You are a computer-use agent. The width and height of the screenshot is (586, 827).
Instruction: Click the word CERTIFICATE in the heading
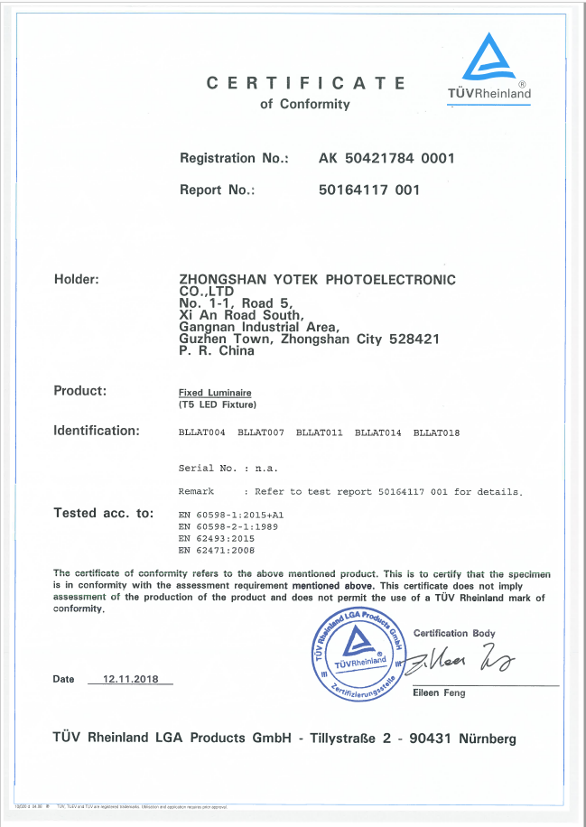[x=306, y=83]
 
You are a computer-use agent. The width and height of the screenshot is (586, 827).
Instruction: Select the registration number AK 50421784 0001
[x=386, y=158]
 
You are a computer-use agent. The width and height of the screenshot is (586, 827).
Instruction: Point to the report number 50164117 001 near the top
[x=369, y=190]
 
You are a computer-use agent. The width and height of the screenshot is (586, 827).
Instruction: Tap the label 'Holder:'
[x=77, y=279]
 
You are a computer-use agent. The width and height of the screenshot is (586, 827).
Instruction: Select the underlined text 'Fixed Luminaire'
[x=215, y=393]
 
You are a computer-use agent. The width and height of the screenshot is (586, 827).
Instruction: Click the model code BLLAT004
[x=202, y=433]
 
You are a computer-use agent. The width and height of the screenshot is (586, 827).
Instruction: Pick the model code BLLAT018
[x=437, y=433]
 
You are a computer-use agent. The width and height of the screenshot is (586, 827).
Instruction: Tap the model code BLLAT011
[x=320, y=433]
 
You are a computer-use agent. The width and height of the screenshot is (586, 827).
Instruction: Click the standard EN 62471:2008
[x=218, y=549]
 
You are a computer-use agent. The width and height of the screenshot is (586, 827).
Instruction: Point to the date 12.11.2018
[x=131, y=679]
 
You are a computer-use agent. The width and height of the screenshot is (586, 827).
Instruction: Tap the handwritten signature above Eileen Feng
[x=461, y=662]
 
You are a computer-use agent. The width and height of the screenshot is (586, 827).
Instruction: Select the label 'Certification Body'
[x=454, y=633]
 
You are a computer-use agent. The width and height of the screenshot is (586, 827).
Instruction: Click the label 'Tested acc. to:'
[x=104, y=513]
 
